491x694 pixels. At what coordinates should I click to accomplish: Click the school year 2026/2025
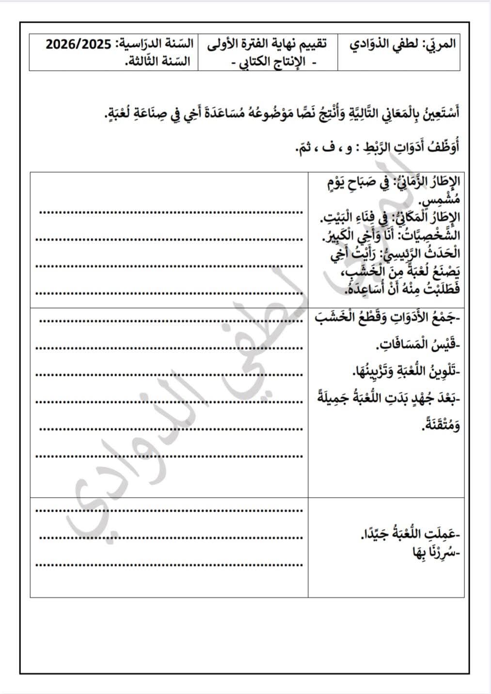[x=79, y=44]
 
